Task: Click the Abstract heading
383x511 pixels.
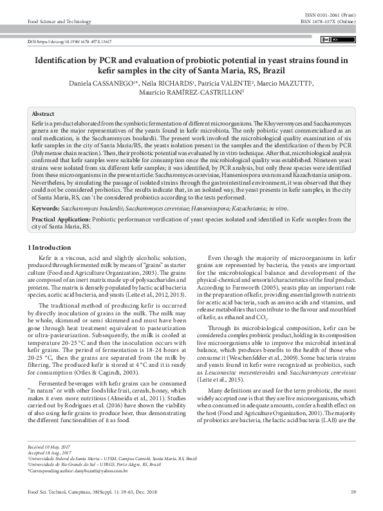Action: click(x=43, y=113)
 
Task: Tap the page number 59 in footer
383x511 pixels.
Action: click(x=353, y=492)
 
